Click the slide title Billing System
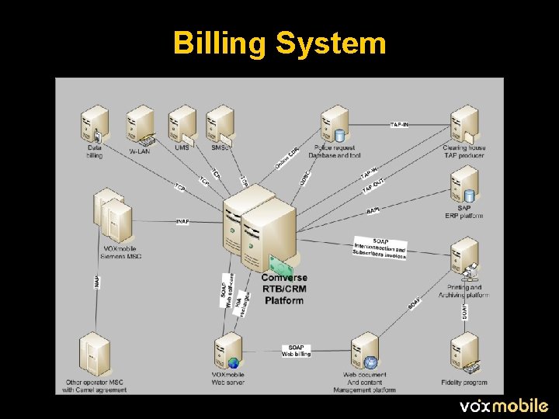[x=279, y=43]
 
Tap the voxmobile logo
[x=504, y=405]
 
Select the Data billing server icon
[x=95, y=123]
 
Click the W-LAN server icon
[x=141, y=123]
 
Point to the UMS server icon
[x=182, y=123]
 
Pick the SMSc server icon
[x=220, y=123]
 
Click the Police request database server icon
[x=334, y=124]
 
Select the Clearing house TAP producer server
[x=464, y=123]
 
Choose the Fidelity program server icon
[x=465, y=353]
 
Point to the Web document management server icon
[x=365, y=354]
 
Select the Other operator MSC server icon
[x=93, y=354]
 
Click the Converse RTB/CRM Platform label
[x=284, y=289]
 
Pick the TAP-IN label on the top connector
[x=400, y=124]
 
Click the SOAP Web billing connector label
[x=296, y=351]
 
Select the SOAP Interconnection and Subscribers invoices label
[x=380, y=248]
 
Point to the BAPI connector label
[x=373, y=209]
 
